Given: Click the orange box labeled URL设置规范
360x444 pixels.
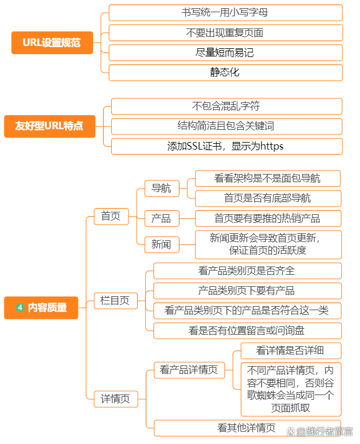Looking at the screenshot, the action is [x=52, y=42].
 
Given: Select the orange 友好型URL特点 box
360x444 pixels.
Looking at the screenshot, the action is [x=49, y=126].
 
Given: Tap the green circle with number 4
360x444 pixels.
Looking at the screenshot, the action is [x=20, y=307].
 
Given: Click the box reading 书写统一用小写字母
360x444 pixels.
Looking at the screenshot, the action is [x=226, y=13].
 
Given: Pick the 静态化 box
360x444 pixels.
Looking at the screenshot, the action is [x=226, y=73].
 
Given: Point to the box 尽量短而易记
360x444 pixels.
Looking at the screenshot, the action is [x=226, y=53].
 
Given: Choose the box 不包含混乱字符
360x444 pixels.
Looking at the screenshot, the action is [x=227, y=106].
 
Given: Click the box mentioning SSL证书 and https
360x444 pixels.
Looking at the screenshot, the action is [x=227, y=147].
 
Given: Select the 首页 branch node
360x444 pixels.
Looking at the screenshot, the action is [x=111, y=216].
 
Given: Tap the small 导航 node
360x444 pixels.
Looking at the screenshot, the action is [x=162, y=189].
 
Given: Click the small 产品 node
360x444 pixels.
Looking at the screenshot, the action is [x=162, y=218].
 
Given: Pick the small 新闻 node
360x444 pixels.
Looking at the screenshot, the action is [x=162, y=244].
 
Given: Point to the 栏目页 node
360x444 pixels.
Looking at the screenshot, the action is [x=116, y=301].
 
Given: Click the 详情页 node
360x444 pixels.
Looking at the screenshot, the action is [x=116, y=399].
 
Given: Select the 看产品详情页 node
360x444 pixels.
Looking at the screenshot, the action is [x=190, y=370].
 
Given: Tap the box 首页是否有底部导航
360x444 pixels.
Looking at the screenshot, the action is [x=268, y=198].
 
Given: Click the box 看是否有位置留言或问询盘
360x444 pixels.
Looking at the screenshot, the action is [x=247, y=331].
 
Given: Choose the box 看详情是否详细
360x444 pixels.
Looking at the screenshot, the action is [x=291, y=350].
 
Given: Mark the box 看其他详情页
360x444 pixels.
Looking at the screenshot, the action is [x=247, y=428].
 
